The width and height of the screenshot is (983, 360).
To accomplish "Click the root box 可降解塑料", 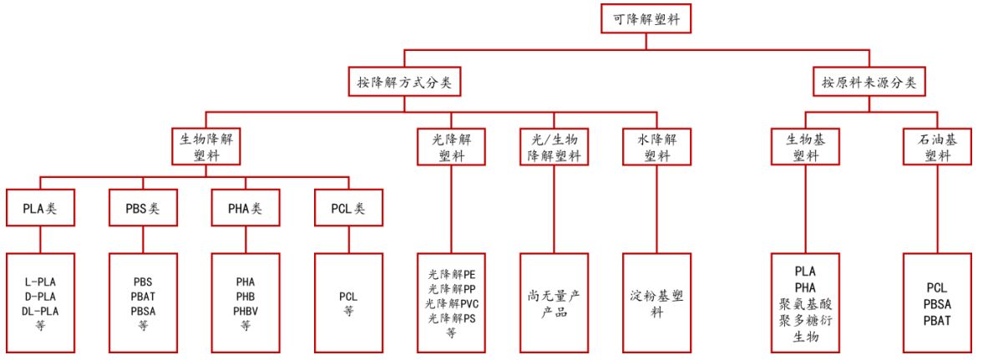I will [x=646, y=18].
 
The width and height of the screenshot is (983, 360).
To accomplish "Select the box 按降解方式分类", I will [x=404, y=83].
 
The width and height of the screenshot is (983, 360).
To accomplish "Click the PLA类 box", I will [x=42, y=210].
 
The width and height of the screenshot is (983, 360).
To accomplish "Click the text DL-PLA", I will [x=40, y=311].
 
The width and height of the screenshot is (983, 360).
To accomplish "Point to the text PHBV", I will [x=246, y=311].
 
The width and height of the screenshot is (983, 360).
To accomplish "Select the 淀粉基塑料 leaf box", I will [x=656, y=303].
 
